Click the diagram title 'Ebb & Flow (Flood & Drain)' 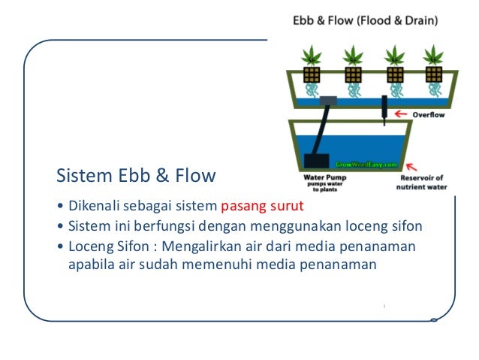tap(366, 22)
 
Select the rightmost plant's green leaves tap(432, 56)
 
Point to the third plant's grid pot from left tap(392, 74)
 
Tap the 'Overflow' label tap(429, 114)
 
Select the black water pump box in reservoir tap(318, 161)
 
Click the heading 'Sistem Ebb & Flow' tap(137, 176)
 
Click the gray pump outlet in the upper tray tap(328, 100)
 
